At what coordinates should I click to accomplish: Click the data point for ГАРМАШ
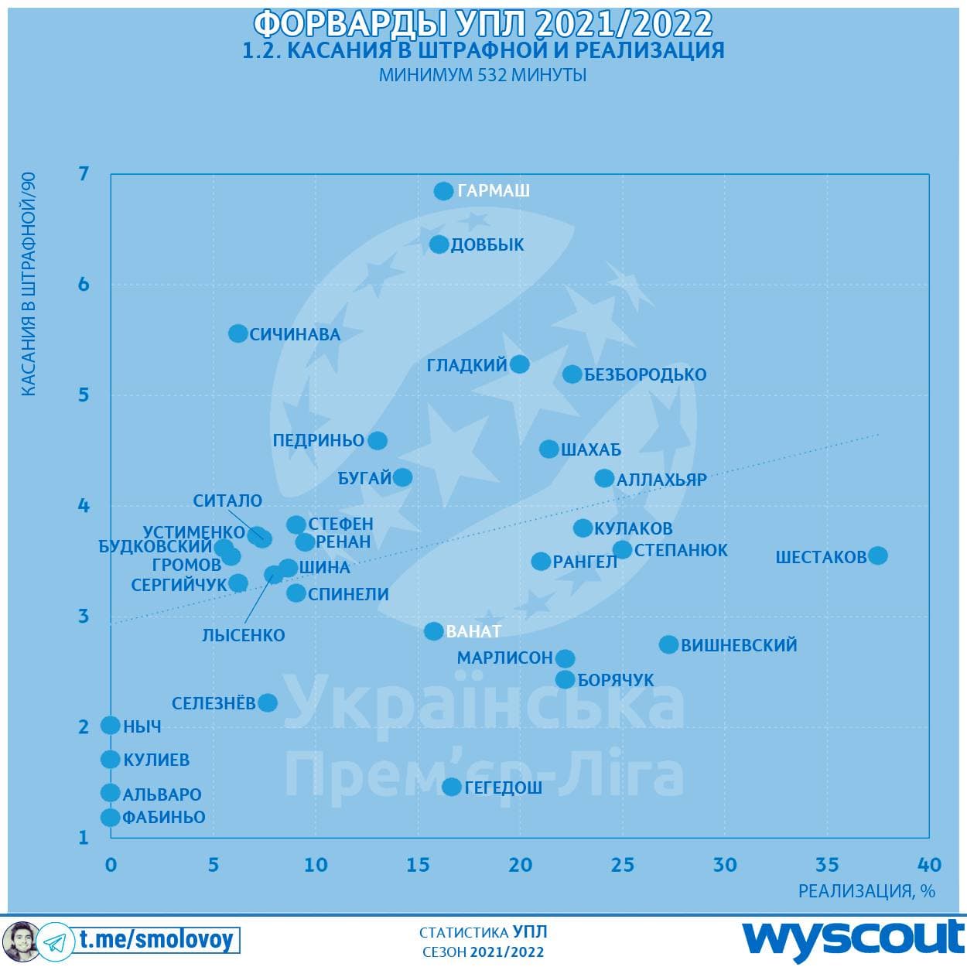point(443,190)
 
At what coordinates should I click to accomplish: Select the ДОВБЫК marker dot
point(439,244)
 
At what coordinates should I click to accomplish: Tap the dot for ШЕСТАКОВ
point(877,555)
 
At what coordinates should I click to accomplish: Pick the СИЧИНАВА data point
point(238,333)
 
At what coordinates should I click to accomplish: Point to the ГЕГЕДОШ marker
point(452,787)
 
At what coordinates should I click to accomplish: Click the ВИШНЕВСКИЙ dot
point(668,644)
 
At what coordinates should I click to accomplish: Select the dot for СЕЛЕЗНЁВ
point(268,702)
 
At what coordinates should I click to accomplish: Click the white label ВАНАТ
point(473,631)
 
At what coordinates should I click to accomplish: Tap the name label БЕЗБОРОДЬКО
point(645,374)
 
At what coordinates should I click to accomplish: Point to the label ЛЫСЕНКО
point(243,635)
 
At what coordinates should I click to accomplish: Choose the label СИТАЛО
point(227,501)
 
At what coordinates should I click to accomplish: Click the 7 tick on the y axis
point(84,173)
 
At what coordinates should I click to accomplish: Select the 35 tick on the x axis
point(827,864)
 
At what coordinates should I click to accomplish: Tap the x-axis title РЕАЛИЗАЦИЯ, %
point(866,890)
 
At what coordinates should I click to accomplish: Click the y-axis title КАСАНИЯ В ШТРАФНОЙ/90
point(28,285)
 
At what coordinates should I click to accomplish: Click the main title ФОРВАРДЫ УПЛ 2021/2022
point(483,23)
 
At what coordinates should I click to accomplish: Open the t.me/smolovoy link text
point(155,940)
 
